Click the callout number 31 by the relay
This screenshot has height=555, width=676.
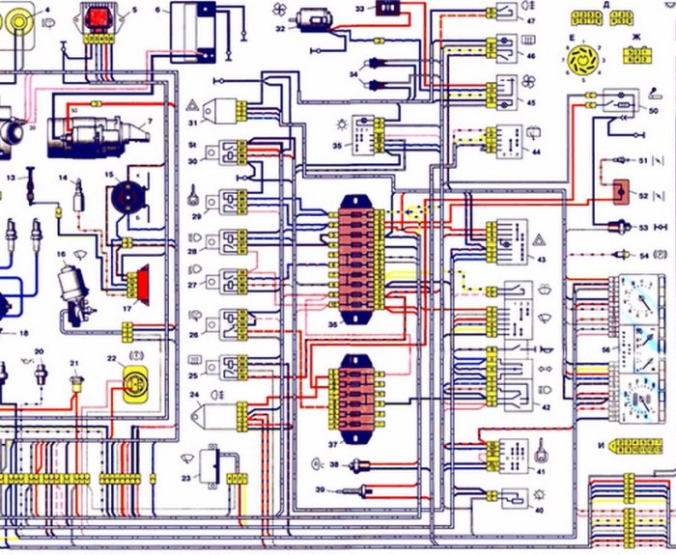pos(193,123)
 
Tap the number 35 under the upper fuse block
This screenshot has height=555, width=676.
pos(333,325)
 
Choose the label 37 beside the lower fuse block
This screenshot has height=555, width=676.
pos(333,445)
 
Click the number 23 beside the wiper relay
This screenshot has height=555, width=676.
pos(186,478)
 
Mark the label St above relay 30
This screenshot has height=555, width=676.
pos(193,146)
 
